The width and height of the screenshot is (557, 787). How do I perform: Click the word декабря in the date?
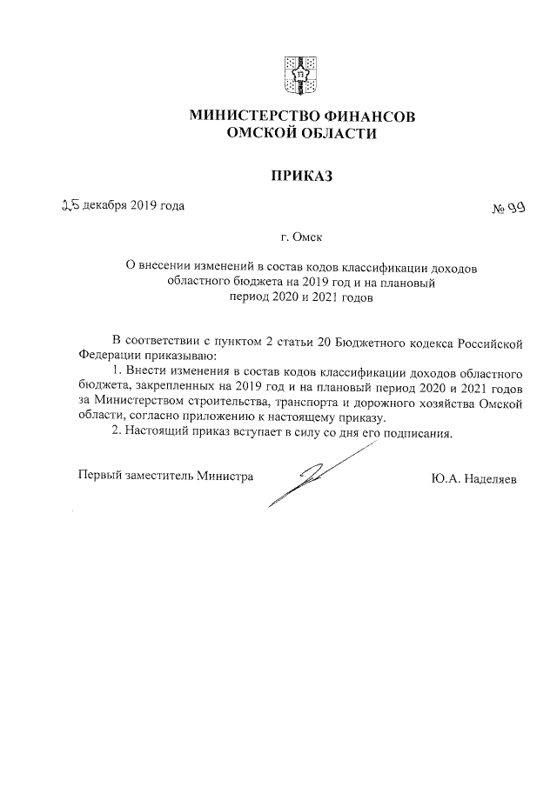(106, 206)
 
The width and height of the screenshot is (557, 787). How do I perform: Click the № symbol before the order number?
(500, 209)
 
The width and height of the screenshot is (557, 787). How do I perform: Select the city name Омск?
(310, 236)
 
